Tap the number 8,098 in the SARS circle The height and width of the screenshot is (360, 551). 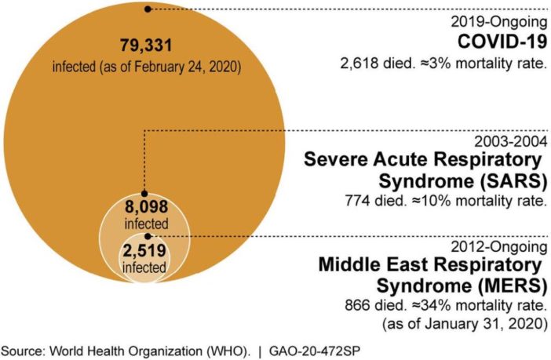pos(147,209)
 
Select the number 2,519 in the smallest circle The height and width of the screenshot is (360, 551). pos(147,251)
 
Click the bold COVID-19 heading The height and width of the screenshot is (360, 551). pos(502,42)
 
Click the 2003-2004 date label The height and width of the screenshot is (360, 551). pos(511,141)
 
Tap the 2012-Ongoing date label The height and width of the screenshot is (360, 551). pos(503,244)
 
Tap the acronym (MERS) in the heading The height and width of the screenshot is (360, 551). pos(504,285)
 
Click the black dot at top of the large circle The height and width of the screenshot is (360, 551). pos(147,9)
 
